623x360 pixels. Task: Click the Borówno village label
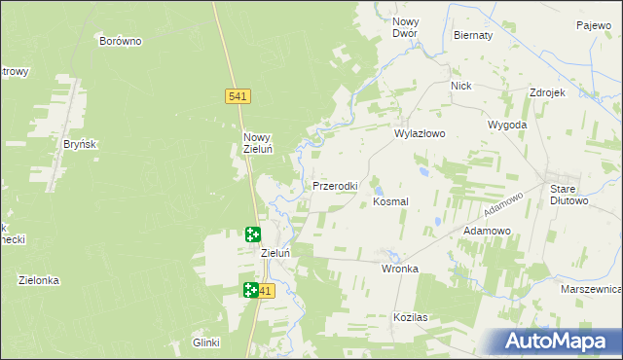click(122, 41)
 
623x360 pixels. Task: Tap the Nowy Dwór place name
click(405, 26)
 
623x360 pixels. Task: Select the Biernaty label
click(473, 35)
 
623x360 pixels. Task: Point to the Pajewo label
click(592, 25)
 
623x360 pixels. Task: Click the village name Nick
click(460, 86)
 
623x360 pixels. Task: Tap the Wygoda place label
click(507, 126)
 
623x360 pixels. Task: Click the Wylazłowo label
click(420, 135)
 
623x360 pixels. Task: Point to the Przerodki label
click(335, 185)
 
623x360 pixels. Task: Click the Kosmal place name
click(391, 200)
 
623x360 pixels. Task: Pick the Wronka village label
click(400, 269)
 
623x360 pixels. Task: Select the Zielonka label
click(39, 280)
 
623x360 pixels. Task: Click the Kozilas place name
click(412, 318)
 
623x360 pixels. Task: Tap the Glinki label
click(206, 342)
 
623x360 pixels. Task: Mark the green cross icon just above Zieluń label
click(253, 234)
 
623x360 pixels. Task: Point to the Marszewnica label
click(591, 290)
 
